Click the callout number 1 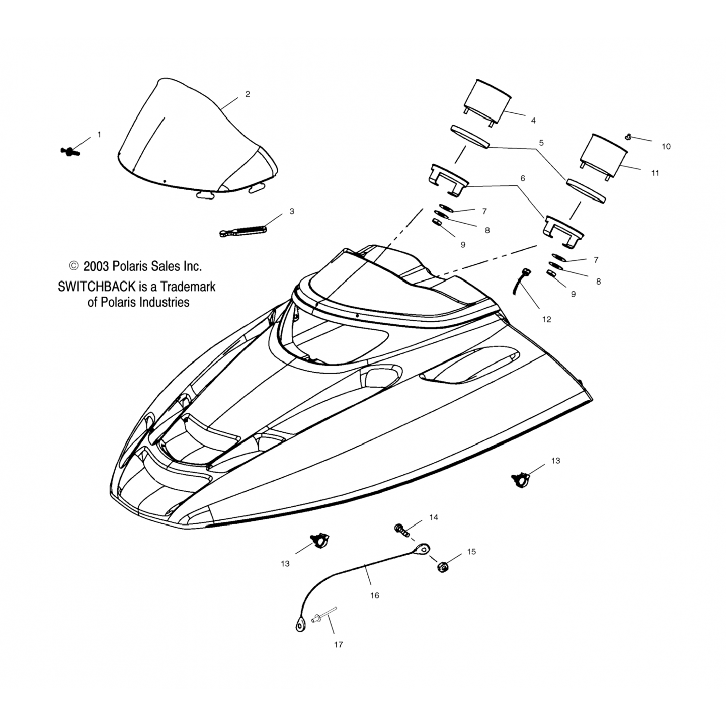pos(99,135)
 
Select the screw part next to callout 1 pos(70,151)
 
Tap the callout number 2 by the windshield pos(248,94)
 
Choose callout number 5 pos(541,143)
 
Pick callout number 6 pos(522,178)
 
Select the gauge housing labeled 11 pos(602,157)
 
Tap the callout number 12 pos(546,319)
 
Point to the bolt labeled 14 pos(403,529)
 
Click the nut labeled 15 pos(442,566)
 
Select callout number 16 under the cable pos(375,596)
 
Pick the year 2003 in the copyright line pos(96,266)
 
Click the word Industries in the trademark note pos(165,302)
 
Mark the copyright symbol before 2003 pos(74,266)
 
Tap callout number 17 pos(338,645)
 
